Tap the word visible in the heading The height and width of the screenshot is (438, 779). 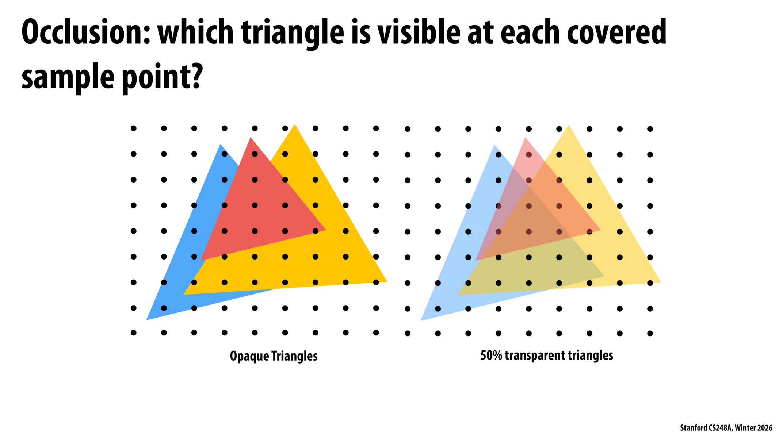coord(419,32)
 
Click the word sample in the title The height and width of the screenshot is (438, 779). coord(68,77)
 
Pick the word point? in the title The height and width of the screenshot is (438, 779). coord(162,77)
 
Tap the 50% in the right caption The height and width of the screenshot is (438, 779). coord(491,355)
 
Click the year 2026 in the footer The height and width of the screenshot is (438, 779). coord(764,428)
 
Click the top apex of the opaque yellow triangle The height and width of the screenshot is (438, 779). coord(295,124)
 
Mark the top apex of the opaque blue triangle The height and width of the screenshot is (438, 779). coord(220,144)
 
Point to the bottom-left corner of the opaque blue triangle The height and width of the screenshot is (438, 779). coord(146,320)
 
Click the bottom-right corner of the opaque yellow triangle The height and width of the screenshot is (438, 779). coord(387,281)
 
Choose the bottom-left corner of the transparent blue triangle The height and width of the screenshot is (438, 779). coord(421,321)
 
